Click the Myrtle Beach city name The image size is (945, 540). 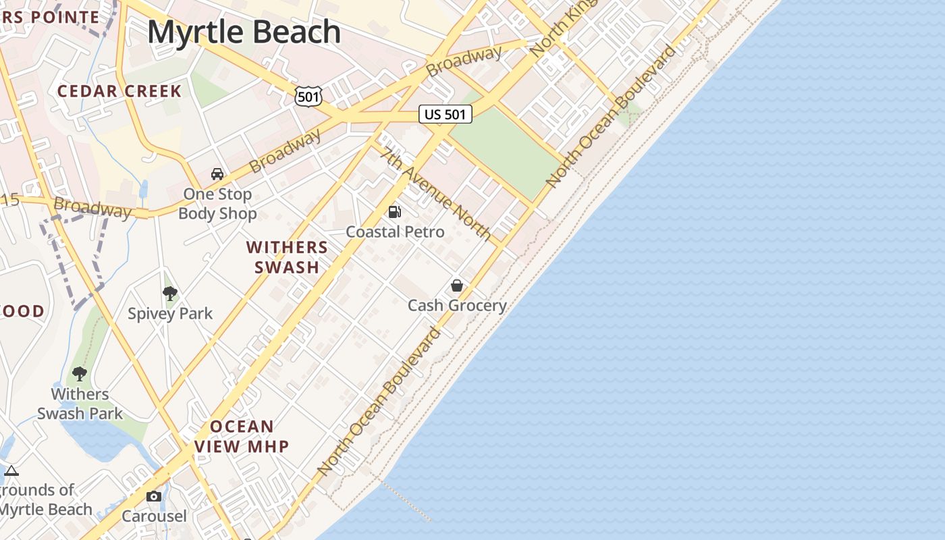click(x=244, y=32)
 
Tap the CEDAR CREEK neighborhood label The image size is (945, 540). click(x=119, y=91)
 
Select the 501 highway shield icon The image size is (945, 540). click(x=308, y=97)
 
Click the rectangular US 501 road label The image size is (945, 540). click(x=445, y=114)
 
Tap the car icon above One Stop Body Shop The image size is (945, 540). click(x=217, y=174)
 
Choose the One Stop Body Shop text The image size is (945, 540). click(x=217, y=204)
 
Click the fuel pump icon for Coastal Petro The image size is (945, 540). click(x=395, y=212)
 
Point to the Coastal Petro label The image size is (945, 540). click(x=395, y=232)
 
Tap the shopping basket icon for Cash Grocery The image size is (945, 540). click(x=457, y=286)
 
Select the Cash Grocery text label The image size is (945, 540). click(x=457, y=305)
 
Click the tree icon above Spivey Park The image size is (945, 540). click(x=170, y=293)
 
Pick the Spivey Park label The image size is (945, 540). click(x=170, y=313)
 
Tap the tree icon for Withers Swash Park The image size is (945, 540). click(x=80, y=373)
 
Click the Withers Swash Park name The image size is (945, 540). click(x=80, y=404)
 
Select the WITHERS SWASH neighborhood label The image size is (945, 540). click(x=287, y=257)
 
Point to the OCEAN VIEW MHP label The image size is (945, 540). click(x=242, y=436)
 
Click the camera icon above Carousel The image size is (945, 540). click(x=154, y=497)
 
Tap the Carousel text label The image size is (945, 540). click(x=154, y=516)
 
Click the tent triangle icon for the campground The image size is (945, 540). click(x=11, y=470)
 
